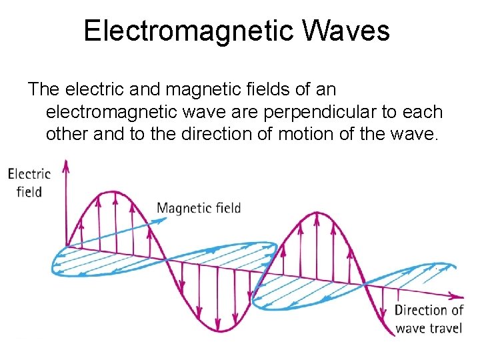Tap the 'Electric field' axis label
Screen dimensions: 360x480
tap(29, 183)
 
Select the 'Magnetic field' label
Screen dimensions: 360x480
tap(199, 208)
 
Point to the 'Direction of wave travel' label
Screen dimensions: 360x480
tap(429, 319)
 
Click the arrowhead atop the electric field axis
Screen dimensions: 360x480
tap(65, 165)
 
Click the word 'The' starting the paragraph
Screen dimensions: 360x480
tap(44, 89)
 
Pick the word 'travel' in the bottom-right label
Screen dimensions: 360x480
tap(445, 328)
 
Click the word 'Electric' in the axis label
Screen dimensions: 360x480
tap(29, 174)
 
